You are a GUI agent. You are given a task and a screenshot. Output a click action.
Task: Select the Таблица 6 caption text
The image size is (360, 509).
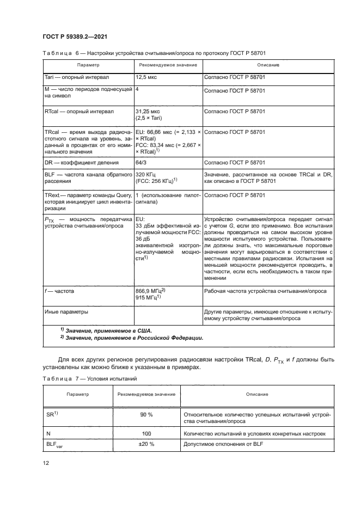(x=154, y=52)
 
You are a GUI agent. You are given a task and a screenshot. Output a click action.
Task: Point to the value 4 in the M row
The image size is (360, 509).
(x=136, y=89)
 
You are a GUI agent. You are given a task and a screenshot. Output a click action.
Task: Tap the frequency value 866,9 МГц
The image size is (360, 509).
(x=149, y=292)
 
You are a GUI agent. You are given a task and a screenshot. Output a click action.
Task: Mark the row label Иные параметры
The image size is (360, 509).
(x=66, y=312)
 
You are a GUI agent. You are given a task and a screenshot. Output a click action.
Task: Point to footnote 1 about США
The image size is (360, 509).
(x=106, y=330)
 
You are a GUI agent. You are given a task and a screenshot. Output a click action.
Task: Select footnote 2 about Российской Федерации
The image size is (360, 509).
(x=131, y=338)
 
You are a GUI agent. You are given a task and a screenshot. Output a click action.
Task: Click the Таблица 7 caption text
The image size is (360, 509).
(x=87, y=378)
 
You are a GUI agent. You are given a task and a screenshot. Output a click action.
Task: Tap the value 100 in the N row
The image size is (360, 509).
(x=145, y=433)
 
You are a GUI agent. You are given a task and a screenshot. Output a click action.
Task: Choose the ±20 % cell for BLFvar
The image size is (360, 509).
(x=145, y=444)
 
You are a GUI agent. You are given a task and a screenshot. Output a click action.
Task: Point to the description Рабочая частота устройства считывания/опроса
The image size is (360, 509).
(x=265, y=292)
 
